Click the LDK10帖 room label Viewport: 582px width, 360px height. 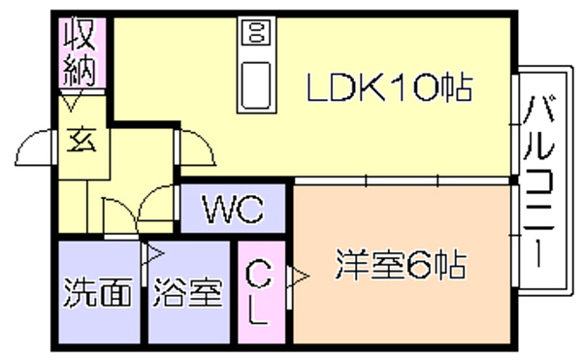pyautogui.click(x=390, y=87)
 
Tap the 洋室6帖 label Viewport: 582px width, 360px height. pyautogui.click(x=401, y=264)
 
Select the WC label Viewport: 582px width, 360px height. pyautogui.click(x=233, y=209)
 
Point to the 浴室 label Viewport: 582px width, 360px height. pyautogui.click(x=188, y=293)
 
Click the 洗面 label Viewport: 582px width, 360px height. pyautogui.click(x=98, y=292)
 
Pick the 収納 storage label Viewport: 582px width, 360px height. pyautogui.click(x=80, y=53)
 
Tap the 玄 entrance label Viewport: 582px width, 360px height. pyautogui.click(x=81, y=140)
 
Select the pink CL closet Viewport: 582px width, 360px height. pyautogui.click(x=261, y=292)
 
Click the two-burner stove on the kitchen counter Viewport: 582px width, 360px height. pyautogui.click(x=256, y=32)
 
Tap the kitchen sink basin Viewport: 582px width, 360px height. pyautogui.click(x=256, y=85)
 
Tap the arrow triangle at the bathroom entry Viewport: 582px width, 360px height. pyautogui.click(x=155, y=254)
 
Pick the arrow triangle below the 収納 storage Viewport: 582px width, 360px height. pyautogui.click(x=70, y=104)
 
